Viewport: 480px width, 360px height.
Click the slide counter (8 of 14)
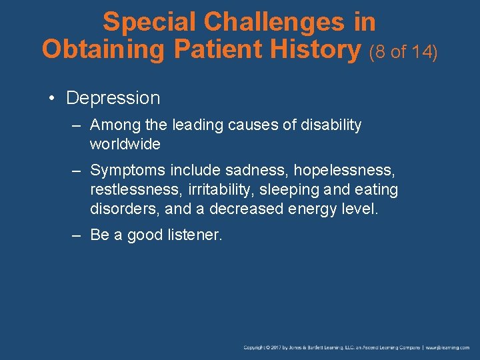click(x=403, y=51)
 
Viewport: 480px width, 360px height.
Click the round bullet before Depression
click(x=51, y=99)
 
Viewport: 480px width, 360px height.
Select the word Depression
click(x=113, y=98)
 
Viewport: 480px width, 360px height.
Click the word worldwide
click(x=125, y=144)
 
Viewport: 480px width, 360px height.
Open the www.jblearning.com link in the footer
click(x=448, y=347)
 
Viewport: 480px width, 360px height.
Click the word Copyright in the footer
click(x=257, y=347)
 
